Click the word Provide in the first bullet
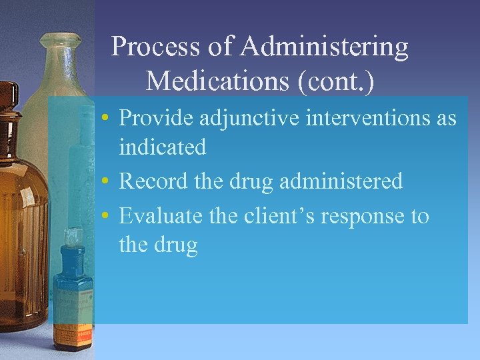coord(155,118)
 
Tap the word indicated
coord(162,147)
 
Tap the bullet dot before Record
coord(106,181)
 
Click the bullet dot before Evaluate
coord(106,217)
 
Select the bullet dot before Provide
coord(106,119)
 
